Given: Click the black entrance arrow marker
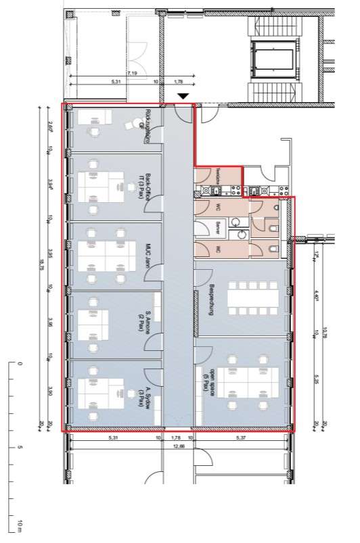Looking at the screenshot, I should pos(181,97).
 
